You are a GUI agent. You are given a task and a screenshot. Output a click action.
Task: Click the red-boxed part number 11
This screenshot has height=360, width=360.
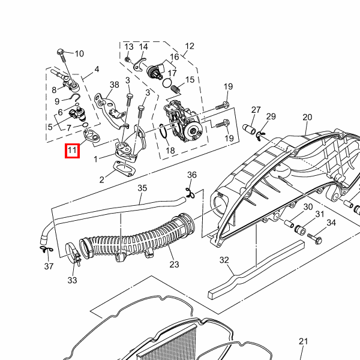[x=72, y=150]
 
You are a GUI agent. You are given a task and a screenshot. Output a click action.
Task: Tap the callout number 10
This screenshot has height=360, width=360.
[x=79, y=53]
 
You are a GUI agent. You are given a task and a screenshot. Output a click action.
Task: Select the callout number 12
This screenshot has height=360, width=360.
[x=190, y=46]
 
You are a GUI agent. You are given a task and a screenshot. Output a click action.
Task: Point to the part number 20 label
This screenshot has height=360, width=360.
[x=307, y=117]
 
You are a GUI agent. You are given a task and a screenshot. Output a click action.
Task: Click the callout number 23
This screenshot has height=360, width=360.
[x=174, y=264]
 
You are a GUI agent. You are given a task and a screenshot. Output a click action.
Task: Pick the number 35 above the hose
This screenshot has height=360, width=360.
[x=142, y=188]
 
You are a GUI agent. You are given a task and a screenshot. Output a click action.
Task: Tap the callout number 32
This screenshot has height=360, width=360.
[x=224, y=260]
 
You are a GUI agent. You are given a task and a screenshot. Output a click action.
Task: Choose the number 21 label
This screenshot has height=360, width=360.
[x=303, y=342]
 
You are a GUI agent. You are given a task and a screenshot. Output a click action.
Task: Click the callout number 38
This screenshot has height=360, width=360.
[x=115, y=85]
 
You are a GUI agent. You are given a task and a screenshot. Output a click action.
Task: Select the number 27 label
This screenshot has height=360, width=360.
[x=256, y=110]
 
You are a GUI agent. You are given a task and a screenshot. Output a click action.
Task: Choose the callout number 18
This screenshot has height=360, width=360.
[x=170, y=151]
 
